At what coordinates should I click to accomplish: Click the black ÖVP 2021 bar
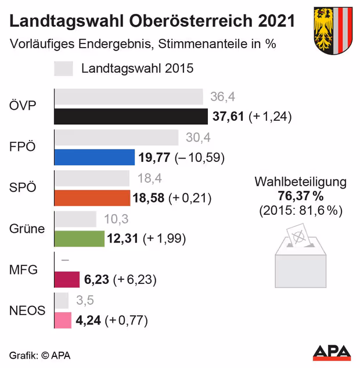coord(131,116)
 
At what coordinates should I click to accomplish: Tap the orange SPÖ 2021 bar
coord(92,198)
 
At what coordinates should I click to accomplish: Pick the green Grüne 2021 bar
coord(80,239)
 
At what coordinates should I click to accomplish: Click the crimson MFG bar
coord(67,279)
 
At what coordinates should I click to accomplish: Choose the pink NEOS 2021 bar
coord(63,320)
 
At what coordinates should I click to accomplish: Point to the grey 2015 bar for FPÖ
coord(116,138)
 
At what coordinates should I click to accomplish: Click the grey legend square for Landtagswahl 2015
coord(63,68)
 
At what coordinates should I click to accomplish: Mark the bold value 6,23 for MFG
coord(96,280)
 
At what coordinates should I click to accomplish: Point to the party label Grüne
coord(27,229)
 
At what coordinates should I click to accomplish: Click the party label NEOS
coord(27,311)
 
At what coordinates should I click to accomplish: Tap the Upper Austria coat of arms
coord(333,30)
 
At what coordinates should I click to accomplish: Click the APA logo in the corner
coord(332,352)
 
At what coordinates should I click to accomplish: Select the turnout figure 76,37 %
coord(300,196)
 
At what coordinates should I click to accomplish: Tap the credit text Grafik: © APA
coord(39,355)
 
